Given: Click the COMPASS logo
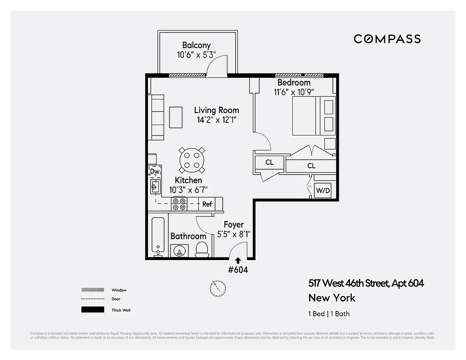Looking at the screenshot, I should [387, 39].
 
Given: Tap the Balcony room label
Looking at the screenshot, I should [196, 45].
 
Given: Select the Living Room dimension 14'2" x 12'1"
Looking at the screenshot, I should [216, 120].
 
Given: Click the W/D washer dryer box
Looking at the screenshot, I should [323, 190].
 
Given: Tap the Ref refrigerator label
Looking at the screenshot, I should [207, 204].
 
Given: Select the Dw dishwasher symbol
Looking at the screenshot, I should [155, 171].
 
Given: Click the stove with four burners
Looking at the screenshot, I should [179, 204].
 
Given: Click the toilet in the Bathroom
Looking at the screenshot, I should [202, 249].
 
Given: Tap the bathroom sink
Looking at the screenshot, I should [179, 251].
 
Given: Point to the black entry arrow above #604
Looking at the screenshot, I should [237, 260].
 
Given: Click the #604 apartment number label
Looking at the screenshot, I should [238, 270].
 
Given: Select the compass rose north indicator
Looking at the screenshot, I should [218, 288].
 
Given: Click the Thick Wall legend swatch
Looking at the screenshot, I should [92, 310].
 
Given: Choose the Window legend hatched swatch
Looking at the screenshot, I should [92, 290].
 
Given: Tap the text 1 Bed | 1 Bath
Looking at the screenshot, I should [329, 314].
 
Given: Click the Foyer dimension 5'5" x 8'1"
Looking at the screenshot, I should [233, 234].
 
